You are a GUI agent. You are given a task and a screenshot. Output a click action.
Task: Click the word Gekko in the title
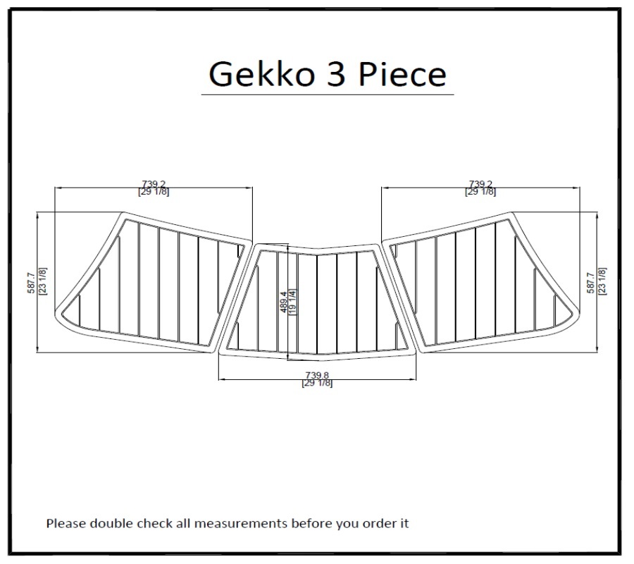point(261,74)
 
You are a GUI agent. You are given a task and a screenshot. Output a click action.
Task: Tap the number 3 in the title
point(336,74)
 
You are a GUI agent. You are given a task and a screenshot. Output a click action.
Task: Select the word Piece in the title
point(402,74)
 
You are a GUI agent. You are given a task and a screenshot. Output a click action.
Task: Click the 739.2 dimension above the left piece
point(154,185)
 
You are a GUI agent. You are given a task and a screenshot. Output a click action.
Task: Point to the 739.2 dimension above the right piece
point(480,185)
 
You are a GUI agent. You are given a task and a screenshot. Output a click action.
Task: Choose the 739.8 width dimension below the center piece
point(317,376)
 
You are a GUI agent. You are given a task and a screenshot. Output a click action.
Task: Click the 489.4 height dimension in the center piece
point(283,302)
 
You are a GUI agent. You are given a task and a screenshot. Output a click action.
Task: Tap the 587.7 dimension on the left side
point(32,283)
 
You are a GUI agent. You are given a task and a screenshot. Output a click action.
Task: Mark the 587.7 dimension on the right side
point(591,283)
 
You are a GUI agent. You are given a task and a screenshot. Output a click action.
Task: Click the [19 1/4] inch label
point(293,302)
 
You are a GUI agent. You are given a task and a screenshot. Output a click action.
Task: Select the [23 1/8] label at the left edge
point(42,281)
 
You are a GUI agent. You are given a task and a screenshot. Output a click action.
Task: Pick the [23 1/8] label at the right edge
point(602,281)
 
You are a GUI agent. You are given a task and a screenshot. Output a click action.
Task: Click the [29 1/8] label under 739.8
point(317,383)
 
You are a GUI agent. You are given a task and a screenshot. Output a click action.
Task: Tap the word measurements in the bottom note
point(241,524)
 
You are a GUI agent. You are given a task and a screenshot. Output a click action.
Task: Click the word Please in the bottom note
point(66,524)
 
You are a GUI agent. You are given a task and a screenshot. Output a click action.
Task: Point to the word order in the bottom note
point(380,524)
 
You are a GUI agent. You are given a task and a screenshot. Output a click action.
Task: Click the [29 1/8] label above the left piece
point(154,192)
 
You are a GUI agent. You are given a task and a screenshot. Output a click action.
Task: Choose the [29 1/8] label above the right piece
point(480,192)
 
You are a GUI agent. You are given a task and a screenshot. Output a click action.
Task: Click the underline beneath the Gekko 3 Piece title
point(328,95)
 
